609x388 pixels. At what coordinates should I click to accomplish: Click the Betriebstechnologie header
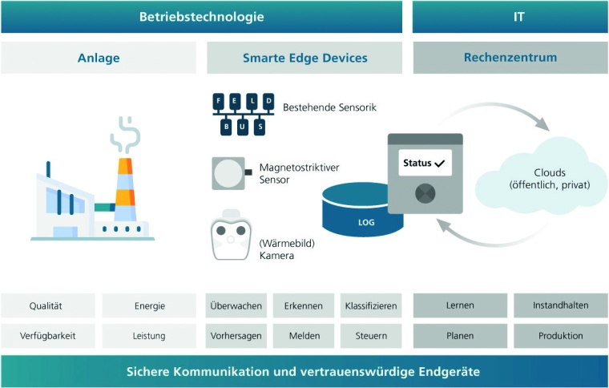(201, 17)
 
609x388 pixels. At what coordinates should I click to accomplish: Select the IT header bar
(510, 17)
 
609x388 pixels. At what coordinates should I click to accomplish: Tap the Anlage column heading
(99, 58)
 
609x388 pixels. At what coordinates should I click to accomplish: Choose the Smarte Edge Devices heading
(304, 58)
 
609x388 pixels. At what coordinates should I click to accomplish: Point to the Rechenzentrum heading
(510, 58)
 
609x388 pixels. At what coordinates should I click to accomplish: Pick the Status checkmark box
(425, 164)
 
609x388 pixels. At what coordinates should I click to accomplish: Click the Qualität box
(46, 305)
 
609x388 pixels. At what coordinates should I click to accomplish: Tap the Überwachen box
(236, 305)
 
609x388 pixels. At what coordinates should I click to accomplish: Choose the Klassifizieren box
(370, 305)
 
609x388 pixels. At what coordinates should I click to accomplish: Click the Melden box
(304, 336)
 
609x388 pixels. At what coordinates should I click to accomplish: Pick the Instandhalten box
(560, 305)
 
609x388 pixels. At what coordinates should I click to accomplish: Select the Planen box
(460, 336)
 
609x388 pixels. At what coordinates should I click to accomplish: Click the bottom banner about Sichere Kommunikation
(304, 373)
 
